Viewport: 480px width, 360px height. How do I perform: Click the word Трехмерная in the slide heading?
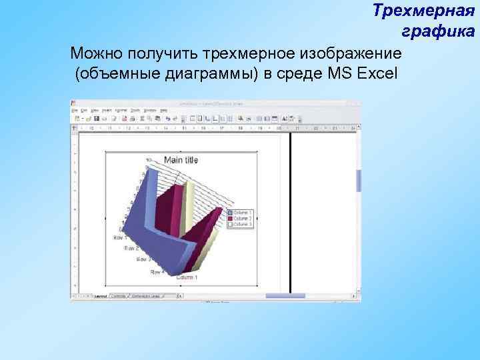418,11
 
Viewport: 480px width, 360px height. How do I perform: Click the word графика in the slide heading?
437,31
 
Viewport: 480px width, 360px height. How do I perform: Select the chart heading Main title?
181,160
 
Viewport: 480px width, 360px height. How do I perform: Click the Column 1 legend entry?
241,213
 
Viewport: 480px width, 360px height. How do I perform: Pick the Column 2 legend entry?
241,219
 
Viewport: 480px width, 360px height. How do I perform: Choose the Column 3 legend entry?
241,225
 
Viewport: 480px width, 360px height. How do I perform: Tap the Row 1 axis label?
121,237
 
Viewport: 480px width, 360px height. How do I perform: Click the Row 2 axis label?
131,249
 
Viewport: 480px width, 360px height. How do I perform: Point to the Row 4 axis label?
157,272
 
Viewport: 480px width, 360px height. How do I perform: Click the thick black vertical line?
291,213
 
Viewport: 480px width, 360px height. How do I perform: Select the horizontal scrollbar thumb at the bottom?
285,296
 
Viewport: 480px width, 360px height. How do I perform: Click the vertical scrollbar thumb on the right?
359,180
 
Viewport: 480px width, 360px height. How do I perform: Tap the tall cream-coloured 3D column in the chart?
189,207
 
